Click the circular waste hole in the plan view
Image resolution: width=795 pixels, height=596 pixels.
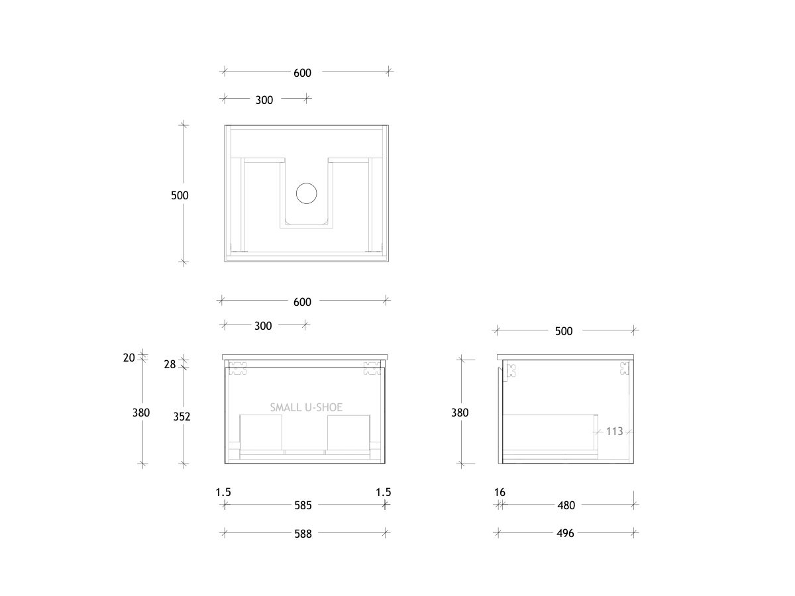pyautogui.click(x=307, y=193)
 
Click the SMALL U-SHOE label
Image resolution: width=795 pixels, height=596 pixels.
pyautogui.click(x=306, y=408)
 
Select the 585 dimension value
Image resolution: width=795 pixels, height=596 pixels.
pyautogui.click(x=303, y=505)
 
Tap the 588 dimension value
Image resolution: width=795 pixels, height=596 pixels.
pyautogui.click(x=303, y=533)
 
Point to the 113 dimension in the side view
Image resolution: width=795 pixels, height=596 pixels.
pyautogui.click(x=614, y=432)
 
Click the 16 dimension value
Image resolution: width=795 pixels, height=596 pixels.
pyautogui.click(x=500, y=492)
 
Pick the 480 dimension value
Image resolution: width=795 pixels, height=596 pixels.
pyautogui.click(x=566, y=505)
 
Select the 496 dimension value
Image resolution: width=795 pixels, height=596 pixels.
pyautogui.click(x=566, y=533)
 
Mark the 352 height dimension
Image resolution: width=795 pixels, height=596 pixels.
pyautogui.click(x=182, y=417)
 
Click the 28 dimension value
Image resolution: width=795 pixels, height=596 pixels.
pyautogui.click(x=170, y=364)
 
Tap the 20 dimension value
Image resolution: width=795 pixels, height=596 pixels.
pyautogui.click(x=129, y=358)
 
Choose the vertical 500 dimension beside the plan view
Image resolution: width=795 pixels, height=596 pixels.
pyautogui.click(x=180, y=195)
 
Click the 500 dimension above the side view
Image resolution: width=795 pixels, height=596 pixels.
pyautogui.click(x=564, y=331)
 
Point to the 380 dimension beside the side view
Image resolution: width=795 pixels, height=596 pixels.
pyautogui.click(x=460, y=413)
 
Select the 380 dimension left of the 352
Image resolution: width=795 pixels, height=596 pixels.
pyautogui.click(x=141, y=413)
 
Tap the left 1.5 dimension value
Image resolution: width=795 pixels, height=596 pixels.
pyautogui.click(x=223, y=492)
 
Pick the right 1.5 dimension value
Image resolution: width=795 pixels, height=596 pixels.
pyautogui.click(x=383, y=492)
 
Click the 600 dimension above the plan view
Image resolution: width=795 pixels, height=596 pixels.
pyautogui.click(x=303, y=73)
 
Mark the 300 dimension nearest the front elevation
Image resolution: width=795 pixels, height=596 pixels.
pyautogui.click(x=263, y=326)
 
